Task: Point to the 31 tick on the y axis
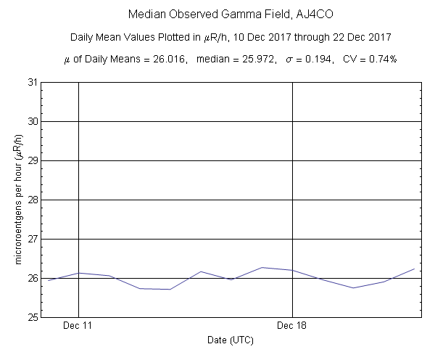[x=33, y=82]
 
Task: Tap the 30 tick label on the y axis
[x=33, y=121]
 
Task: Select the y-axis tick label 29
[x=33, y=160]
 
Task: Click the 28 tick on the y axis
[x=33, y=200]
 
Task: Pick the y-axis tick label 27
[x=33, y=239]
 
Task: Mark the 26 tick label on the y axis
[x=33, y=278]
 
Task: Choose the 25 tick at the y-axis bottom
[x=33, y=317]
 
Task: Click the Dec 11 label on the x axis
[x=78, y=326]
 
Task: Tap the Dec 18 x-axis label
[x=292, y=326]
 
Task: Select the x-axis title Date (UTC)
[x=231, y=340]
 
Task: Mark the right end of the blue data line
[x=414, y=269]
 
